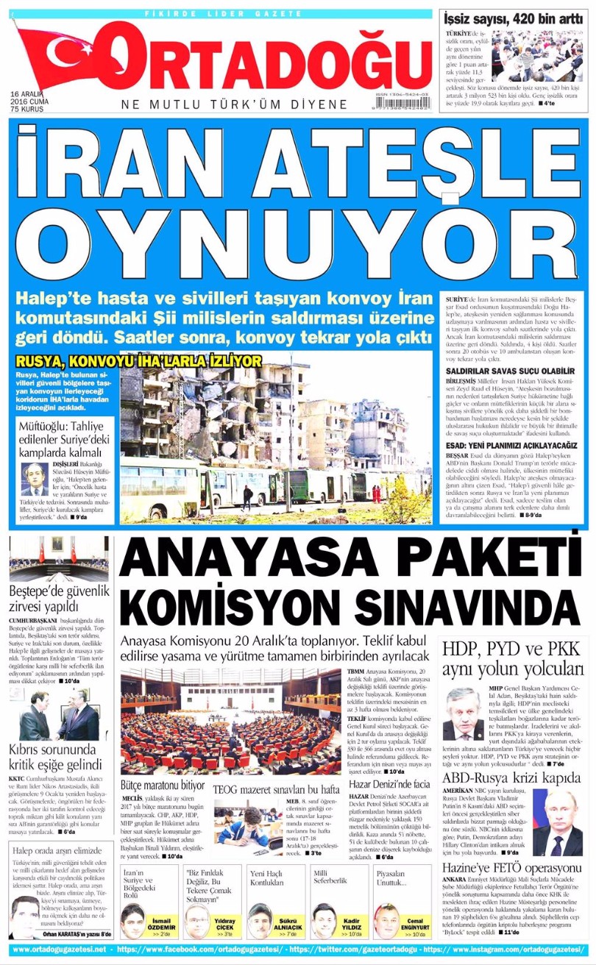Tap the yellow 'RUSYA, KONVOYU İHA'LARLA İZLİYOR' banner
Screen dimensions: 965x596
point(138,361)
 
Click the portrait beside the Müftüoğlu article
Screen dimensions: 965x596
point(33,480)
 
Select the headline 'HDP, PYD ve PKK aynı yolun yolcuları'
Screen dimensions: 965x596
point(512,660)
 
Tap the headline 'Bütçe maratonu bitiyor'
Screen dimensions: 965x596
point(163,785)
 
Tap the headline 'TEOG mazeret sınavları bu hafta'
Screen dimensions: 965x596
point(276,790)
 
